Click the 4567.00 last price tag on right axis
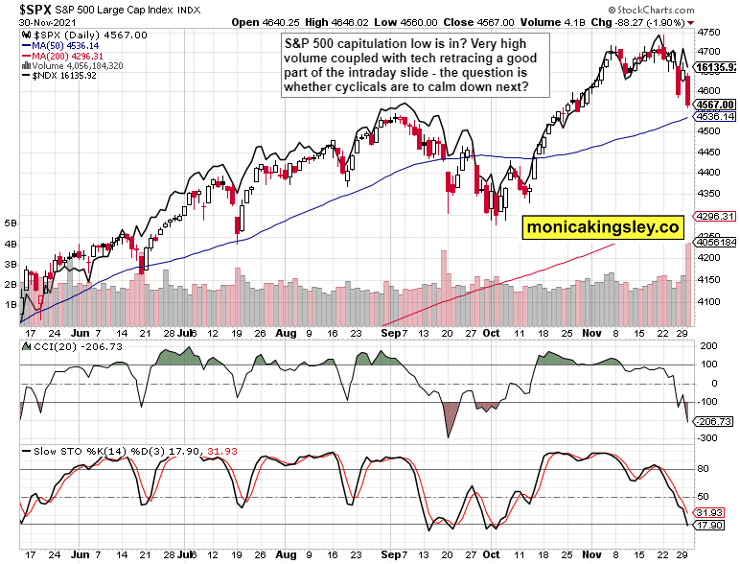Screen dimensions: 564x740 tap(714, 105)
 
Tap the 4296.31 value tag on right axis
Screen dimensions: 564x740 tap(714, 216)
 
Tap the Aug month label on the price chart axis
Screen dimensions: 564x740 tap(285, 333)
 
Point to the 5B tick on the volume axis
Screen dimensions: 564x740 tap(11, 223)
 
